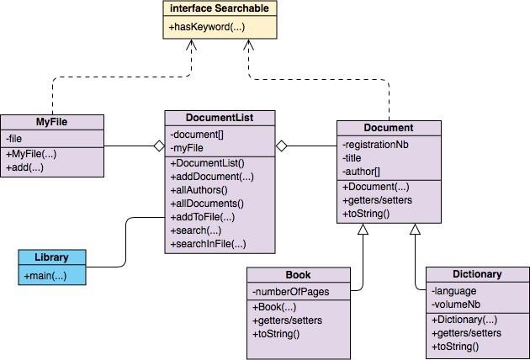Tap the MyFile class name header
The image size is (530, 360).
click(51, 122)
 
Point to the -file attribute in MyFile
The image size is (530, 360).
click(15, 138)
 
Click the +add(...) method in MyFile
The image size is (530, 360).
click(25, 167)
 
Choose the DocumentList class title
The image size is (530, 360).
click(219, 118)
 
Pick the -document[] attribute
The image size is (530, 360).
click(198, 135)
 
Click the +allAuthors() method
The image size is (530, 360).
click(199, 190)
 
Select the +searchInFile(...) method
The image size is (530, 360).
click(208, 244)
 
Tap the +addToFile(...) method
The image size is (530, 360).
click(203, 217)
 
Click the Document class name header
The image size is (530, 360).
click(388, 128)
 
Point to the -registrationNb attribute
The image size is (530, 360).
click(375, 144)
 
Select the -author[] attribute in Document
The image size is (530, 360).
click(362, 171)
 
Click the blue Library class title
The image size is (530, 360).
click(51, 257)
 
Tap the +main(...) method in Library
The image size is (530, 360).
click(45, 276)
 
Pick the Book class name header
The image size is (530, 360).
click(298, 274)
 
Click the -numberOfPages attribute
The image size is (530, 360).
click(289, 292)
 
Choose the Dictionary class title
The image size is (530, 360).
click(476, 274)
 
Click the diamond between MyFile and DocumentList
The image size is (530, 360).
click(158, 146)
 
